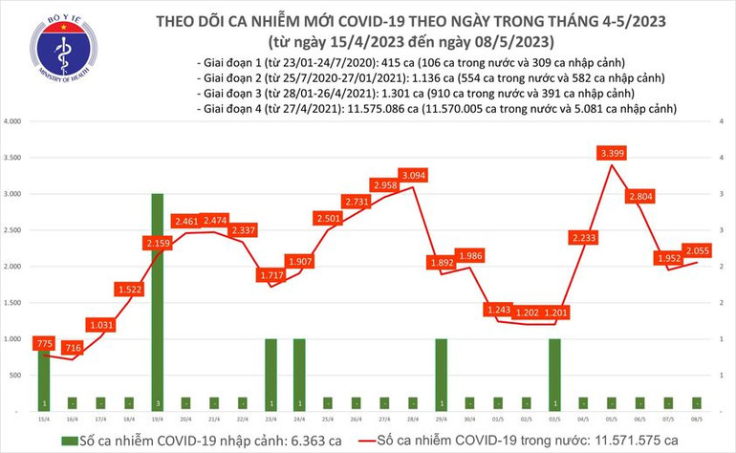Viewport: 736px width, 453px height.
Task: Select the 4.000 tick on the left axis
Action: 13,122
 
